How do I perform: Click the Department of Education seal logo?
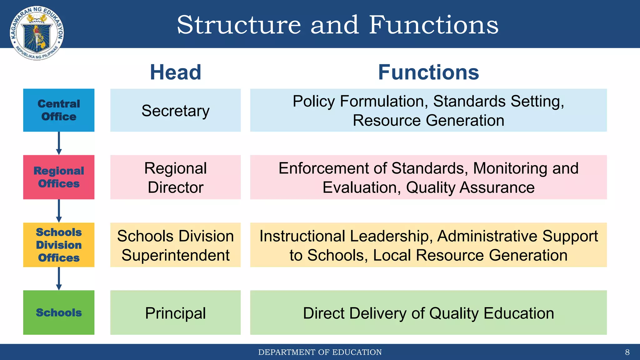click(37, 33)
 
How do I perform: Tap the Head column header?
click(175, 72)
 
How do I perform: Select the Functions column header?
click(428, 72)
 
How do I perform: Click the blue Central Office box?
click(59, 110)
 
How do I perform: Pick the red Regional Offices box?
click(59, 177)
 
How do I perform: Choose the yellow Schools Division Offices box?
click(59, 245)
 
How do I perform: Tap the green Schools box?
click(59, 312)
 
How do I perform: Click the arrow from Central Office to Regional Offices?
click(59, 143)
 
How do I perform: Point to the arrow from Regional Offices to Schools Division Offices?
click(59, 211)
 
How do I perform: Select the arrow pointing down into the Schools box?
click(59, 278)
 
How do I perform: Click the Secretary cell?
click(175, 111)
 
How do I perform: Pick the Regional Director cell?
click(175, 177)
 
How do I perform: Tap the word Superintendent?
click(175, 255)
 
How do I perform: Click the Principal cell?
click(175, 313)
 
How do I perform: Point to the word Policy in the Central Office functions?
click(314, 102)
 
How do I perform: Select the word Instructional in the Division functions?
click(302, 236)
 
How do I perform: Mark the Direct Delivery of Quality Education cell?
click(428, 313)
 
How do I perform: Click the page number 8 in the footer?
click(627, 352)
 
